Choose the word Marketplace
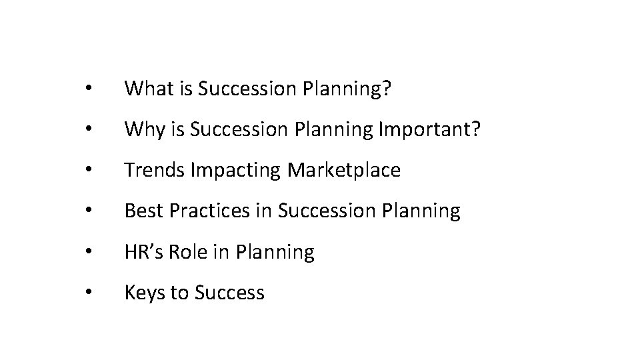[344, 170]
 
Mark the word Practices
[210, 211]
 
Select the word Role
[192, 251]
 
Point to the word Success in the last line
[230, 292]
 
